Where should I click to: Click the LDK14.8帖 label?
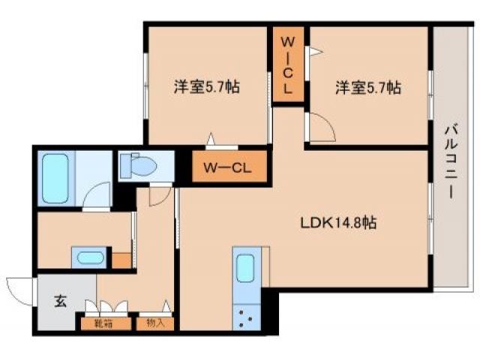point(338,223)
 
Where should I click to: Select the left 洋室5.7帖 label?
point(207,88)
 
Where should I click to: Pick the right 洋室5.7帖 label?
point(367,88)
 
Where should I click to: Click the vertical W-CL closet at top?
point(288,66)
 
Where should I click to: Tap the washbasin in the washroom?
point(90,258)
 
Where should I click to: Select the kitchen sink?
point(245,269)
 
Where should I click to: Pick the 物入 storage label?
point(156,324)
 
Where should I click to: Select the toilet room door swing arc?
point(159,195)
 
